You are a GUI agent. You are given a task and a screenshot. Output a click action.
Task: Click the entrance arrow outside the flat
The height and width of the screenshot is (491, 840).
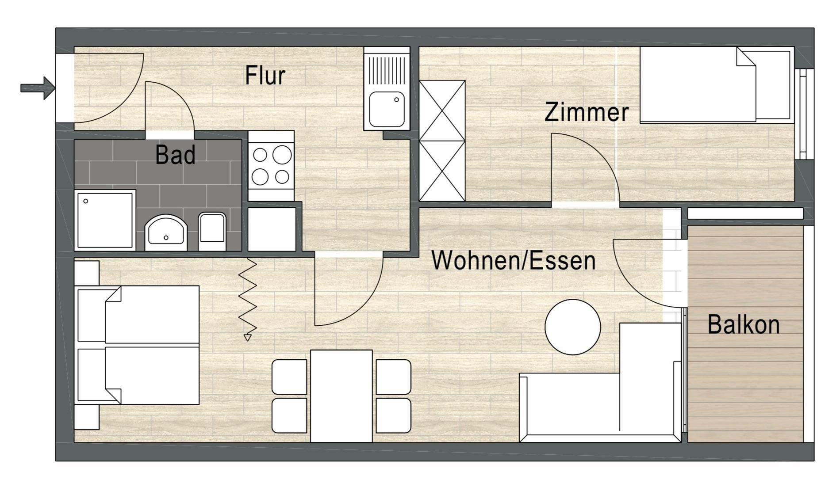pos(38,88)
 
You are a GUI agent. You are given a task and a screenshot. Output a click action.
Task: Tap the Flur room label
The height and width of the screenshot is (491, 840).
pos(265,75)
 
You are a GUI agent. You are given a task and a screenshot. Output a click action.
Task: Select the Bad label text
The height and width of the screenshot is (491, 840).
pos(176,155)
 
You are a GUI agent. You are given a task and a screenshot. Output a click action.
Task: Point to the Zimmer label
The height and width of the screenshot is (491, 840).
pos(587,112)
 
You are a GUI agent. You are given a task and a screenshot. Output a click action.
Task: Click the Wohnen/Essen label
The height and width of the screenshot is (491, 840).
pos(514,260)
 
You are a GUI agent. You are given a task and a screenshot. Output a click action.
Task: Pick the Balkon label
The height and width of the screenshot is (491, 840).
pos(744,324)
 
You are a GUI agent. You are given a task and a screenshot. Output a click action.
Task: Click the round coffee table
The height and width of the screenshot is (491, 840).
pos(573,327)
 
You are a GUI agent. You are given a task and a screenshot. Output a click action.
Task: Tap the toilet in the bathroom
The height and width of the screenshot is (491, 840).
pos(212,232)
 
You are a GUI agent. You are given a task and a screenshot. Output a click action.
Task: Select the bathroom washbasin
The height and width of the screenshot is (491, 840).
pos(166,232)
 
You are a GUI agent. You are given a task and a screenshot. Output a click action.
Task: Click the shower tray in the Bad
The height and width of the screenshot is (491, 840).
pos(105,220)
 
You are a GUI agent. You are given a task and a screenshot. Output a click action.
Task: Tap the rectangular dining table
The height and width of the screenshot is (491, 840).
pos(341,396)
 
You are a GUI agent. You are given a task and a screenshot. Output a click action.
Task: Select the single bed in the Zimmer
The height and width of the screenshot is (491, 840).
pos(715,84)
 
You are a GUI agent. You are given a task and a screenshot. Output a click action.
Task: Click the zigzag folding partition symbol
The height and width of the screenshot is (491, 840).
pos(248,300)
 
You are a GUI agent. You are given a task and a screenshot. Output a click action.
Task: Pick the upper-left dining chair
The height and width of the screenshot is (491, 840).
pos(289,377)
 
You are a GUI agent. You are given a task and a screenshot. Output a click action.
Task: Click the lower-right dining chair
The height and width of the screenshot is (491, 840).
pos(393,415)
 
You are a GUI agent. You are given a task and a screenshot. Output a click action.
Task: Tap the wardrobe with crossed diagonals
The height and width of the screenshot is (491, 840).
pos(442,141)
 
